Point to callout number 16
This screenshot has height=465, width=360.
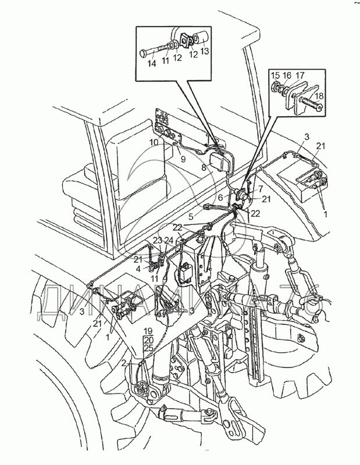tap(287, 75)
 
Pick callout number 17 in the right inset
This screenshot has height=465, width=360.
tap(300, 75)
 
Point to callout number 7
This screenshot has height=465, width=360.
tap(261, 188)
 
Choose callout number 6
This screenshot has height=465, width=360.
tap(220, 198)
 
